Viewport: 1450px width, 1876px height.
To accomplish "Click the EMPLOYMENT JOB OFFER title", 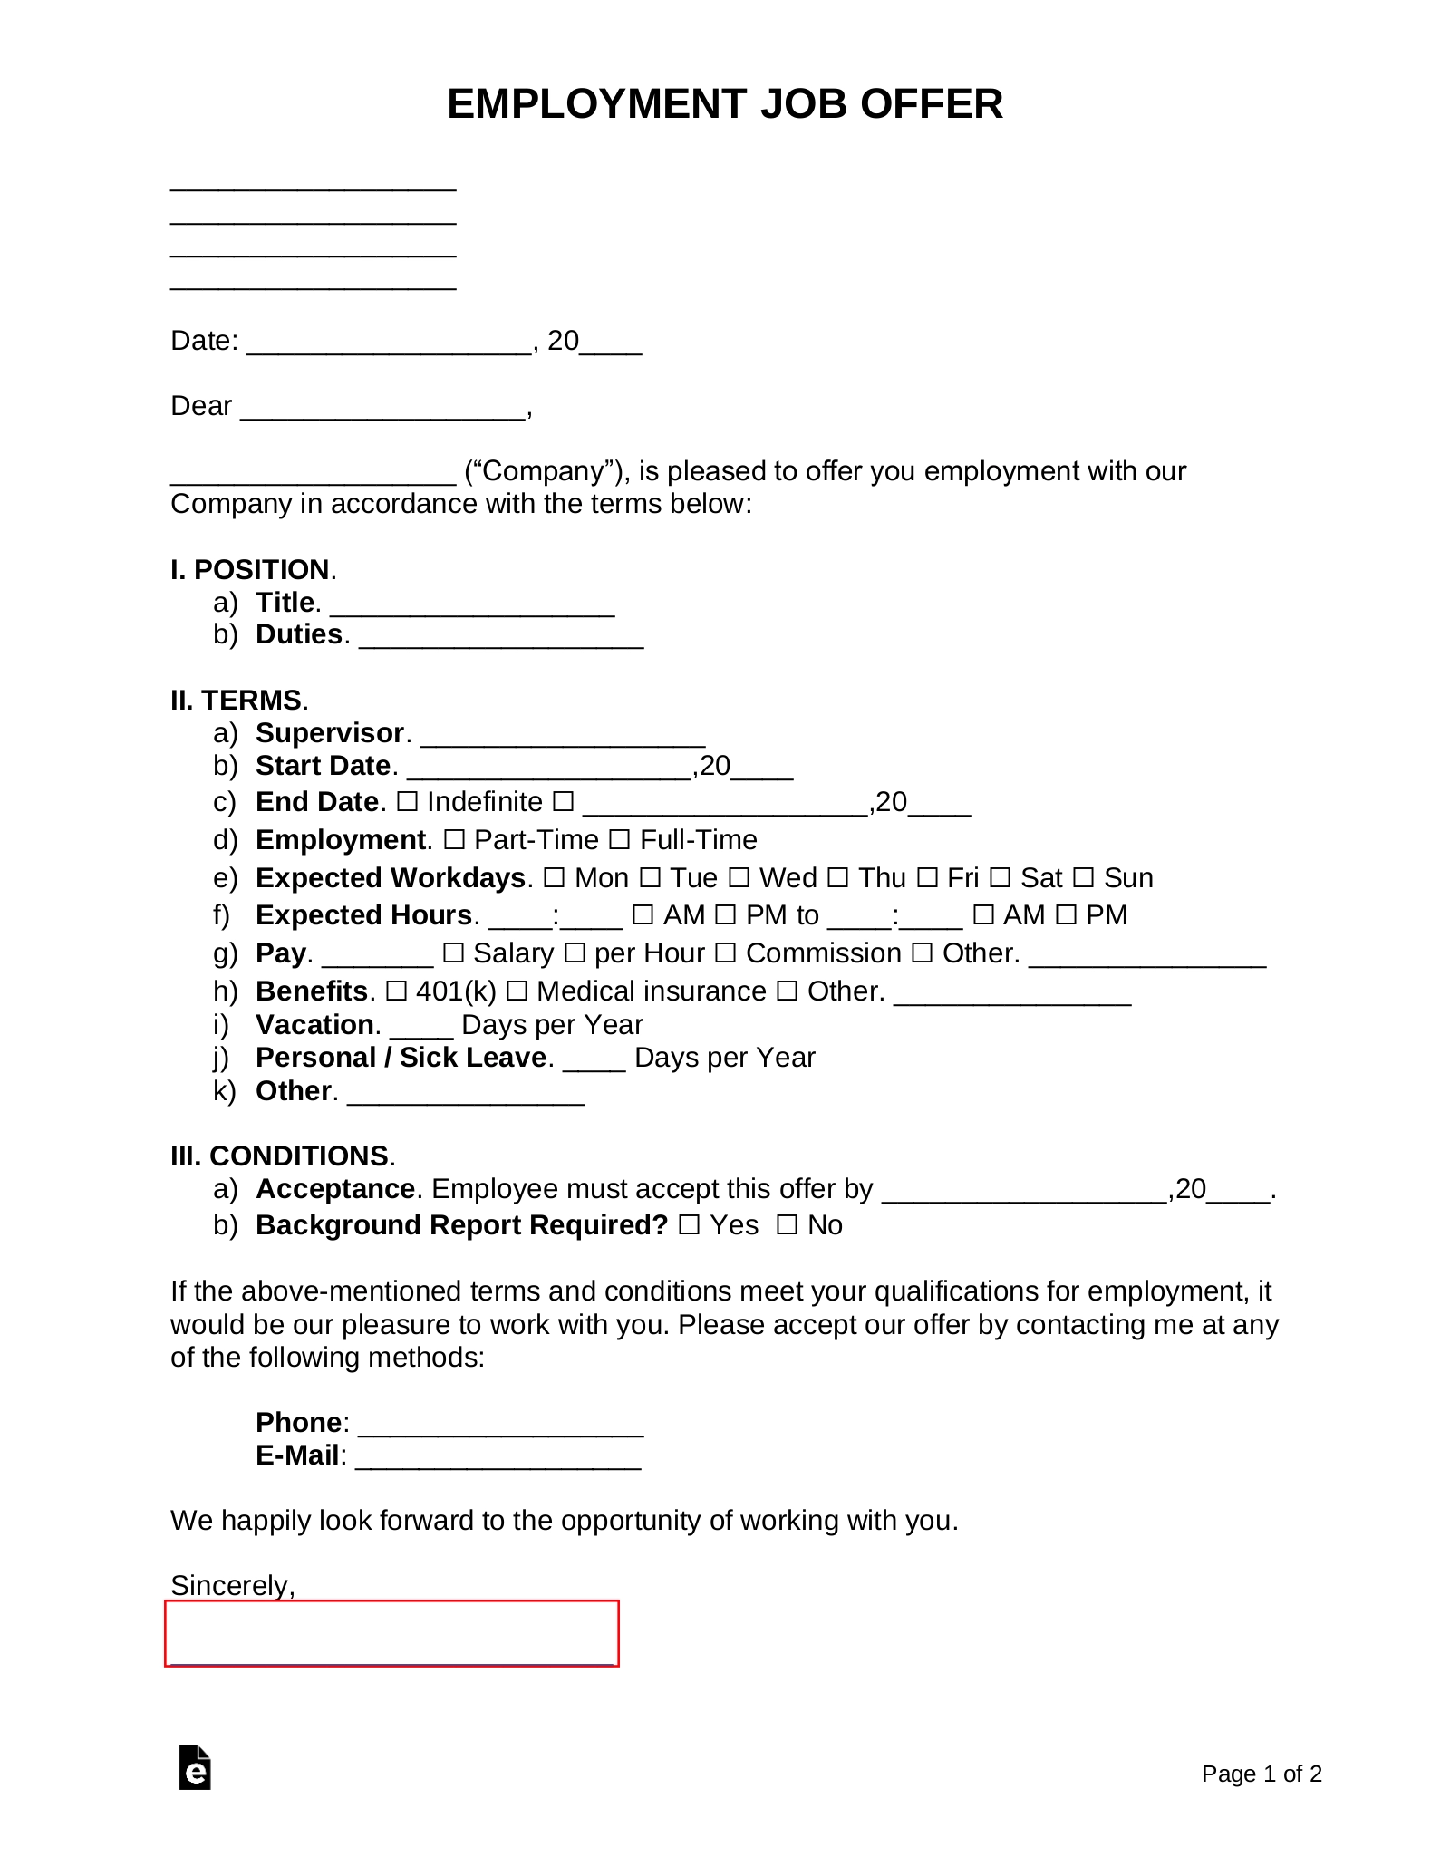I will click(724, 104).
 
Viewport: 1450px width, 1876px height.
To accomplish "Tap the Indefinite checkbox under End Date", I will click(408, 802).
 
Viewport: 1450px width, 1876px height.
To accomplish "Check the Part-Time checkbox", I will click(455, 840).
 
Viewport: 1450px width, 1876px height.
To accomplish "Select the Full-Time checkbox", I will click(620, 840).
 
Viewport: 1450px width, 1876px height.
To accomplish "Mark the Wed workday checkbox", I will click(739, 878).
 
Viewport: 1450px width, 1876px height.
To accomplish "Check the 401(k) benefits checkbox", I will click(396, 991).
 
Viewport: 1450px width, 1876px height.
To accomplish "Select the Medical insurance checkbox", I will click(517, 991).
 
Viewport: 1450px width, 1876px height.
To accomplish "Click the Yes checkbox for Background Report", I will click(690, 1225).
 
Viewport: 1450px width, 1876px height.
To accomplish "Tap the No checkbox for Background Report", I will click(788, 1225).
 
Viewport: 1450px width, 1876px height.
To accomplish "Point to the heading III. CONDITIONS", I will click(282, 1156).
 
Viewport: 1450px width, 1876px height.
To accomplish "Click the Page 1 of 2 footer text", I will click(1261, 1774).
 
